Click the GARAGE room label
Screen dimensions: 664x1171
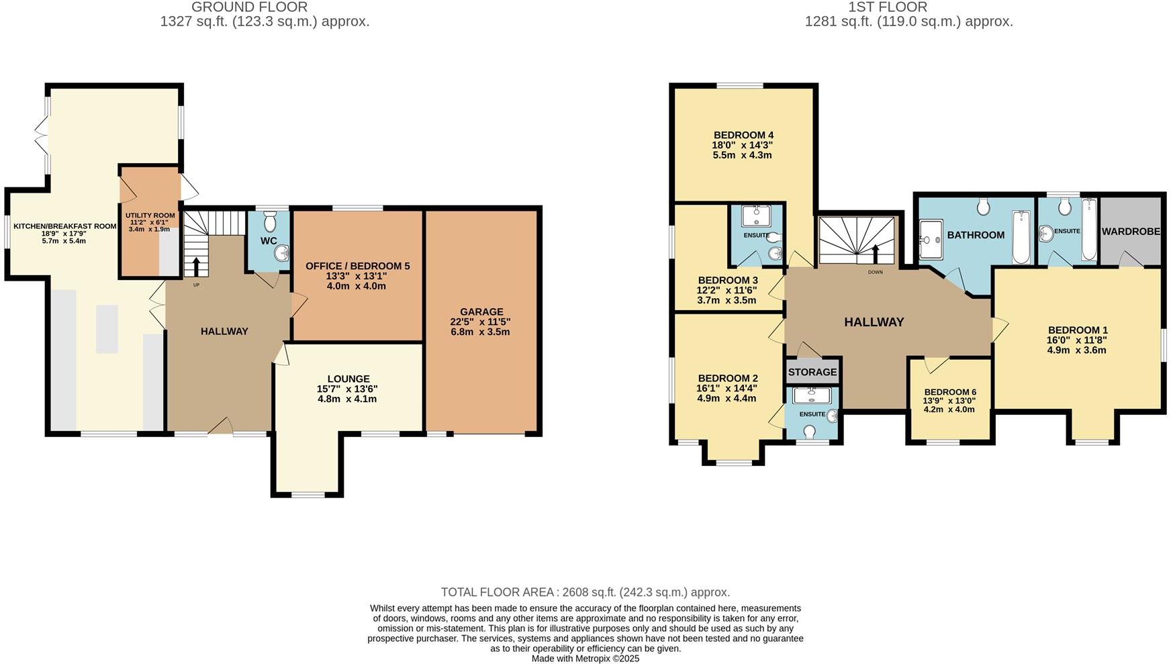tap(481, 312)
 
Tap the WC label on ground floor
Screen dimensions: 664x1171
tap(269, 241)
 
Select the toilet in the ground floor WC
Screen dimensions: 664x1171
tap(270, 221)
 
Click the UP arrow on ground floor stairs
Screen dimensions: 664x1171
tap(196, 267)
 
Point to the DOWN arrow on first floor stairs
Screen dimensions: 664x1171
tap(875, 254)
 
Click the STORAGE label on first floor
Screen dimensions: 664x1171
tap(812, 372)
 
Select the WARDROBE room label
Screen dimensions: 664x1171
tap(1131, 232)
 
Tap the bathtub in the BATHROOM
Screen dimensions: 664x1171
tap(1021, 236)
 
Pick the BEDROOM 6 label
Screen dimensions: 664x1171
tap(950, 392)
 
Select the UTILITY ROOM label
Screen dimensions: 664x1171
tap(150, 216)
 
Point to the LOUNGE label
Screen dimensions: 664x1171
tap(348, 379)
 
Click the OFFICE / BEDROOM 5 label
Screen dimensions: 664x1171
tap(357, 266)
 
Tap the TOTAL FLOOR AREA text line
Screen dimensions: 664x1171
tap(585, 592)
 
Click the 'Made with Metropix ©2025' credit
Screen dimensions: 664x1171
tap(585, 659)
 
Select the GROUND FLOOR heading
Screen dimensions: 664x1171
tap(249, 7)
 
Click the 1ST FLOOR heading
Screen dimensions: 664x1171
tap(888, 7)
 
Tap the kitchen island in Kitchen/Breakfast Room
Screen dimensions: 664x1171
tap(107, 328)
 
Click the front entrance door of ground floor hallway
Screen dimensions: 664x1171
tap(221, 428)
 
